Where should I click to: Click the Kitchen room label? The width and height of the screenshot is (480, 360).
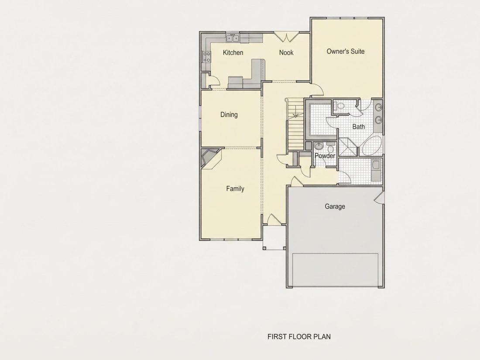coord(233,53)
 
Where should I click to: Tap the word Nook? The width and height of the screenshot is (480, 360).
coord(286,53)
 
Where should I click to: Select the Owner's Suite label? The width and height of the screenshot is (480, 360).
coord(346,51)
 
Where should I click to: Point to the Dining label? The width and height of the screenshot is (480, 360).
coord(229,115)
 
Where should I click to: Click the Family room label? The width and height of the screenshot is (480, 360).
coord(235,189)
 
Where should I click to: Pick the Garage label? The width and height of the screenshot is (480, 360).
coord(335,207)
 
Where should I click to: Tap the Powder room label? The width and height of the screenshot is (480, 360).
coord(325,156)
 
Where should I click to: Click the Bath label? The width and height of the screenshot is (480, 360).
coord(358,127)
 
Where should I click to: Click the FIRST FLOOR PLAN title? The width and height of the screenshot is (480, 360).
coord(299,337)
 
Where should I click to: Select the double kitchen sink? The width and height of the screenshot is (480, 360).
coord(233,38)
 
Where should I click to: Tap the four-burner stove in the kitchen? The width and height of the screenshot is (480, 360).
coord(207,57)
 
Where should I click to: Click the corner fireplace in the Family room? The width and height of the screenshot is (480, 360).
coord(210,158)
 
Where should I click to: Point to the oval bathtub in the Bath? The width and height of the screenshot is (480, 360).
coord(371,146)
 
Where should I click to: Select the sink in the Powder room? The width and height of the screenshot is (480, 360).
coord(319,146)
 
